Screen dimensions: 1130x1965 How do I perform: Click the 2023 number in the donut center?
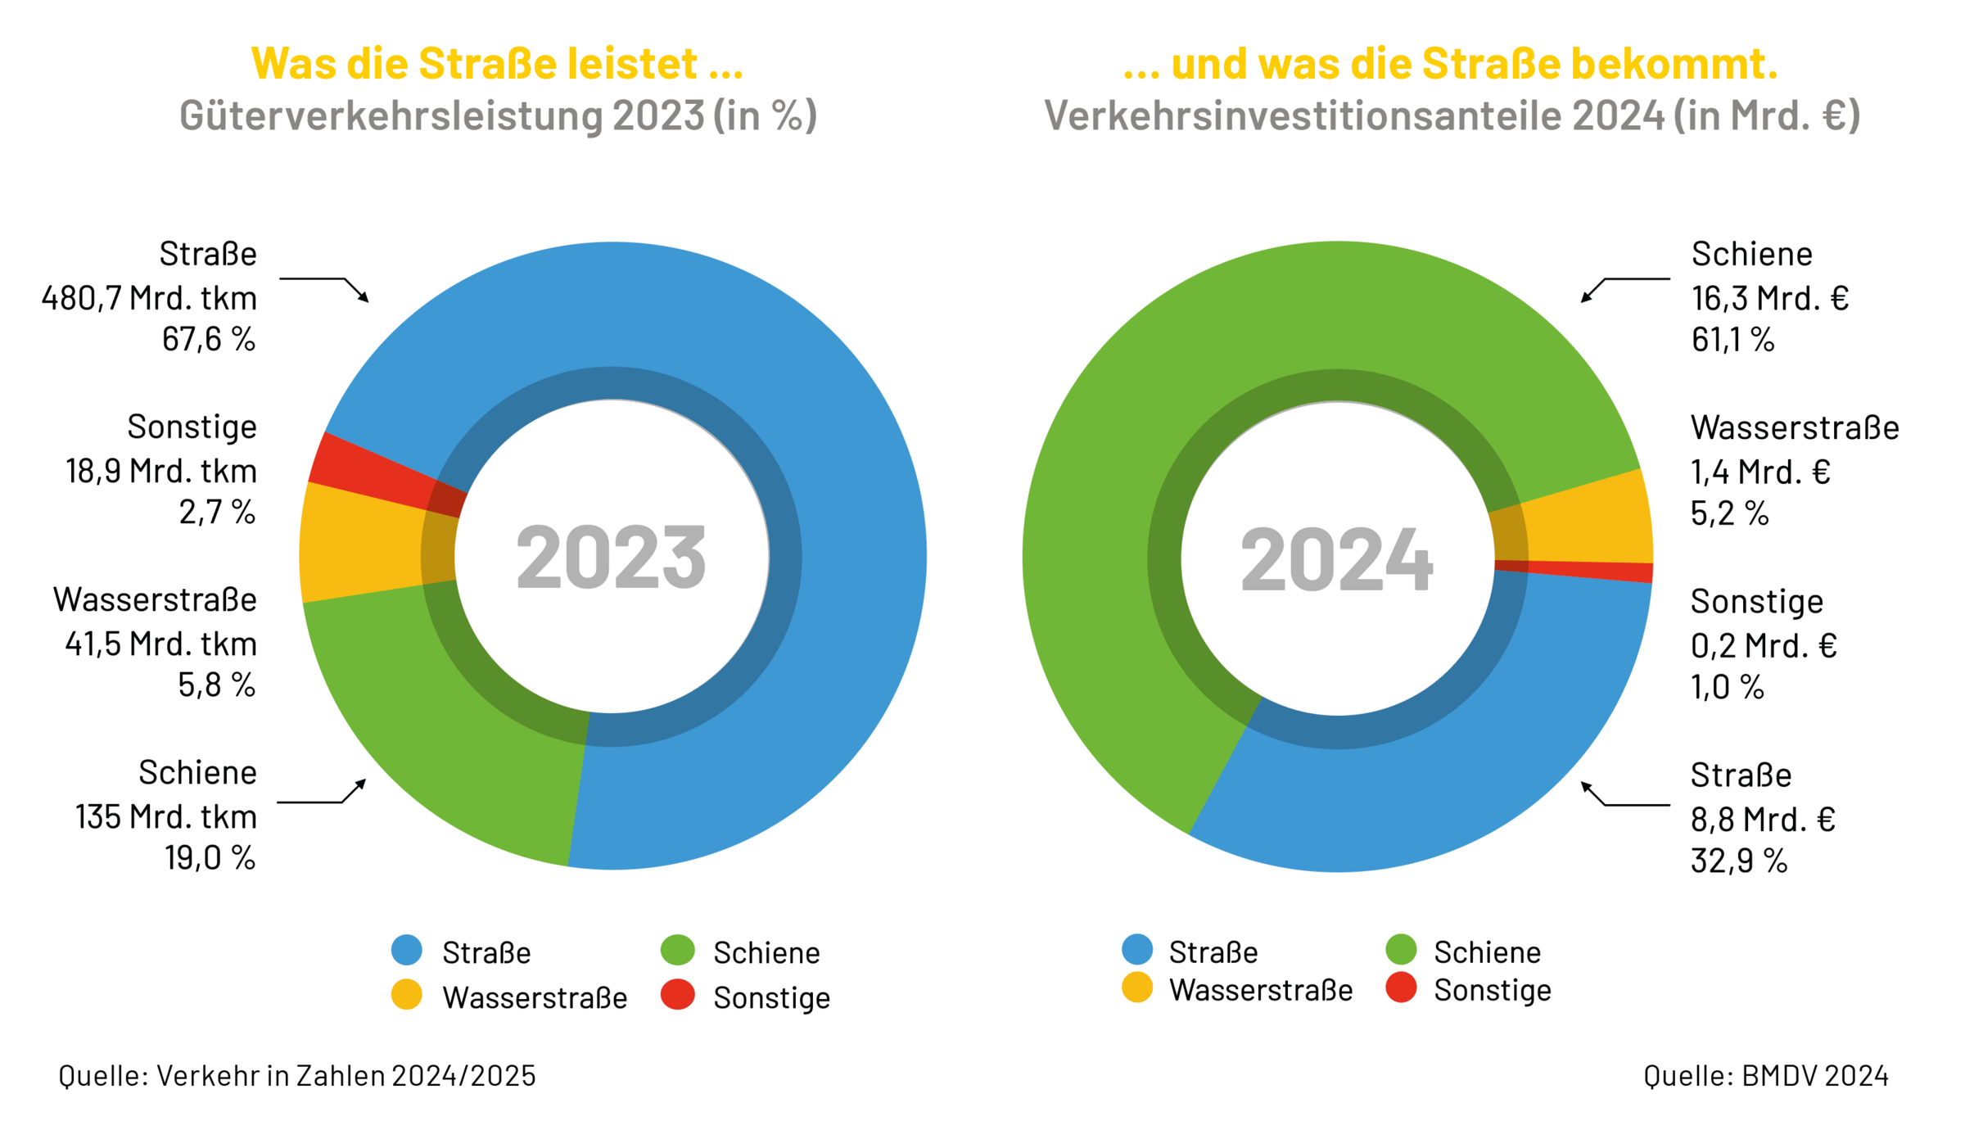coord(611,557)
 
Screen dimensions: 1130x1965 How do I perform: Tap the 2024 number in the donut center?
coord(1336,559)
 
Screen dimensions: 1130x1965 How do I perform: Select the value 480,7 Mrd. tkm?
coord(149,298)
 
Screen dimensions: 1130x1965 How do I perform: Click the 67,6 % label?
coord(209,339)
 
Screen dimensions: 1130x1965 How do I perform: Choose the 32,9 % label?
coord(1739,861)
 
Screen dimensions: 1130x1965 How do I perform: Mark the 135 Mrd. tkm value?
coord(166,816)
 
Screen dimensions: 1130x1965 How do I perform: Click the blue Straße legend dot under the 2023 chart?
coord(407,950)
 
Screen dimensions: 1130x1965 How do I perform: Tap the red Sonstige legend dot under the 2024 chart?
coord(1401,988)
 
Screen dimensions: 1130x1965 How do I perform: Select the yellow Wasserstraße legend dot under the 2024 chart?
coord(1137,988)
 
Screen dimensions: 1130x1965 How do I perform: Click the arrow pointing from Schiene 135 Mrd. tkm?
coord(323,798)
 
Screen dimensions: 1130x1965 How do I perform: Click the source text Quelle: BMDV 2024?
coord(1765,1075)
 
